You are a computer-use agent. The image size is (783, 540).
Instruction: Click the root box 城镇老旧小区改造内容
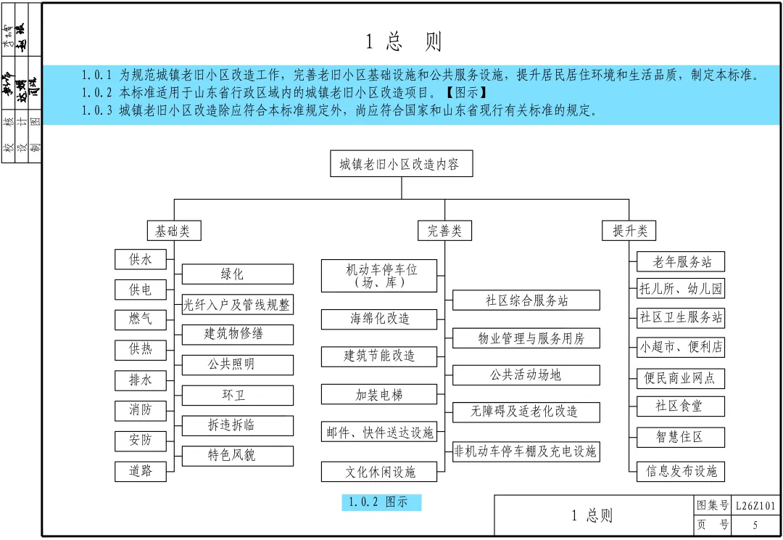[x=400, y=164]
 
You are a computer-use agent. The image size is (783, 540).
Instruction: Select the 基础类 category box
[x=173, y=231]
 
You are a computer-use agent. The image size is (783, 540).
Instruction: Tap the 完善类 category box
[x=444, y=231]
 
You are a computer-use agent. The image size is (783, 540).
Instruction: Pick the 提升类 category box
[x=629, y=231]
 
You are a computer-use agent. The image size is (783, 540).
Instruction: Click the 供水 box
[x=141, y=259]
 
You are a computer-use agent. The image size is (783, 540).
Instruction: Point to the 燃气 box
[x=141, y=319]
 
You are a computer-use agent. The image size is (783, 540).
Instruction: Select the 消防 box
[x=141, y=410]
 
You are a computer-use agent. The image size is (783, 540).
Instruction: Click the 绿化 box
[x=237, y=274]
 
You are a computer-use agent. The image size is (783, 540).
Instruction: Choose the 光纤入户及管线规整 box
[x=237, y=305]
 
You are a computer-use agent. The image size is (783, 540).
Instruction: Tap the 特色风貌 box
[x=237, y=456]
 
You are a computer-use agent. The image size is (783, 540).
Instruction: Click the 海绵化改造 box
[x=379, y=319]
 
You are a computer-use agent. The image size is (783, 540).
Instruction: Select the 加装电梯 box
[x=379, y=395]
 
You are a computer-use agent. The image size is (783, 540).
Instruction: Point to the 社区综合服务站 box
[x=526, y=300]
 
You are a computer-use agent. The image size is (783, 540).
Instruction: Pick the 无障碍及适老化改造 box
[x=526, y=412]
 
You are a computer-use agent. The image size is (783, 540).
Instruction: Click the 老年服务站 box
[x=680, y=262]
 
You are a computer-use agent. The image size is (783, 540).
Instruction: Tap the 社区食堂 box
[x=680, y=406]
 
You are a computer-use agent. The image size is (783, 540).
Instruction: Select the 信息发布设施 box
[x=680, y=471]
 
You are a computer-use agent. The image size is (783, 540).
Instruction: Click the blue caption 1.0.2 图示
[x=381, y=502]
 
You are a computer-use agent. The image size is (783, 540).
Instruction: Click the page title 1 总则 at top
[x=403, y=41]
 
